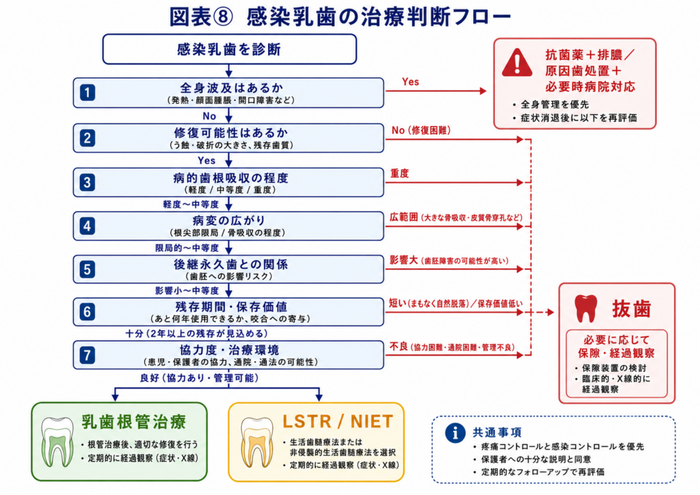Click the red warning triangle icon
(x=517, y=63)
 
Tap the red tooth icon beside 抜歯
(x=586, y=308)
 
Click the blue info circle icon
(x=455, y=433)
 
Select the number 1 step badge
(x=87, y=93)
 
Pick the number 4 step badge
(x=87, y=226)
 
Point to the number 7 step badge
(x=87, y=356)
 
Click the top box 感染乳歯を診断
(x=230, y=49)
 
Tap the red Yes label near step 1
(x=410, y=82)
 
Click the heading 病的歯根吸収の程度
(x=231, y=178)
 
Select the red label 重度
(x=399, y=173)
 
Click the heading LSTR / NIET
(x=338, y=421)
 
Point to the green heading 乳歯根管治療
(x=133, y=422)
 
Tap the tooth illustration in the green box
(x=57, y=442)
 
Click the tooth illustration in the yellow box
(x=257, y=442)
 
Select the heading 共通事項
(x=497, y=432)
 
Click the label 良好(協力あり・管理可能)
(x=200, y=378)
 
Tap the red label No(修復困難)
(x=421, y=130)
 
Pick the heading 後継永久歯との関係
(x=231, y=264)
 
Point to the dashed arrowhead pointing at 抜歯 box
(x=550, y=312)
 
